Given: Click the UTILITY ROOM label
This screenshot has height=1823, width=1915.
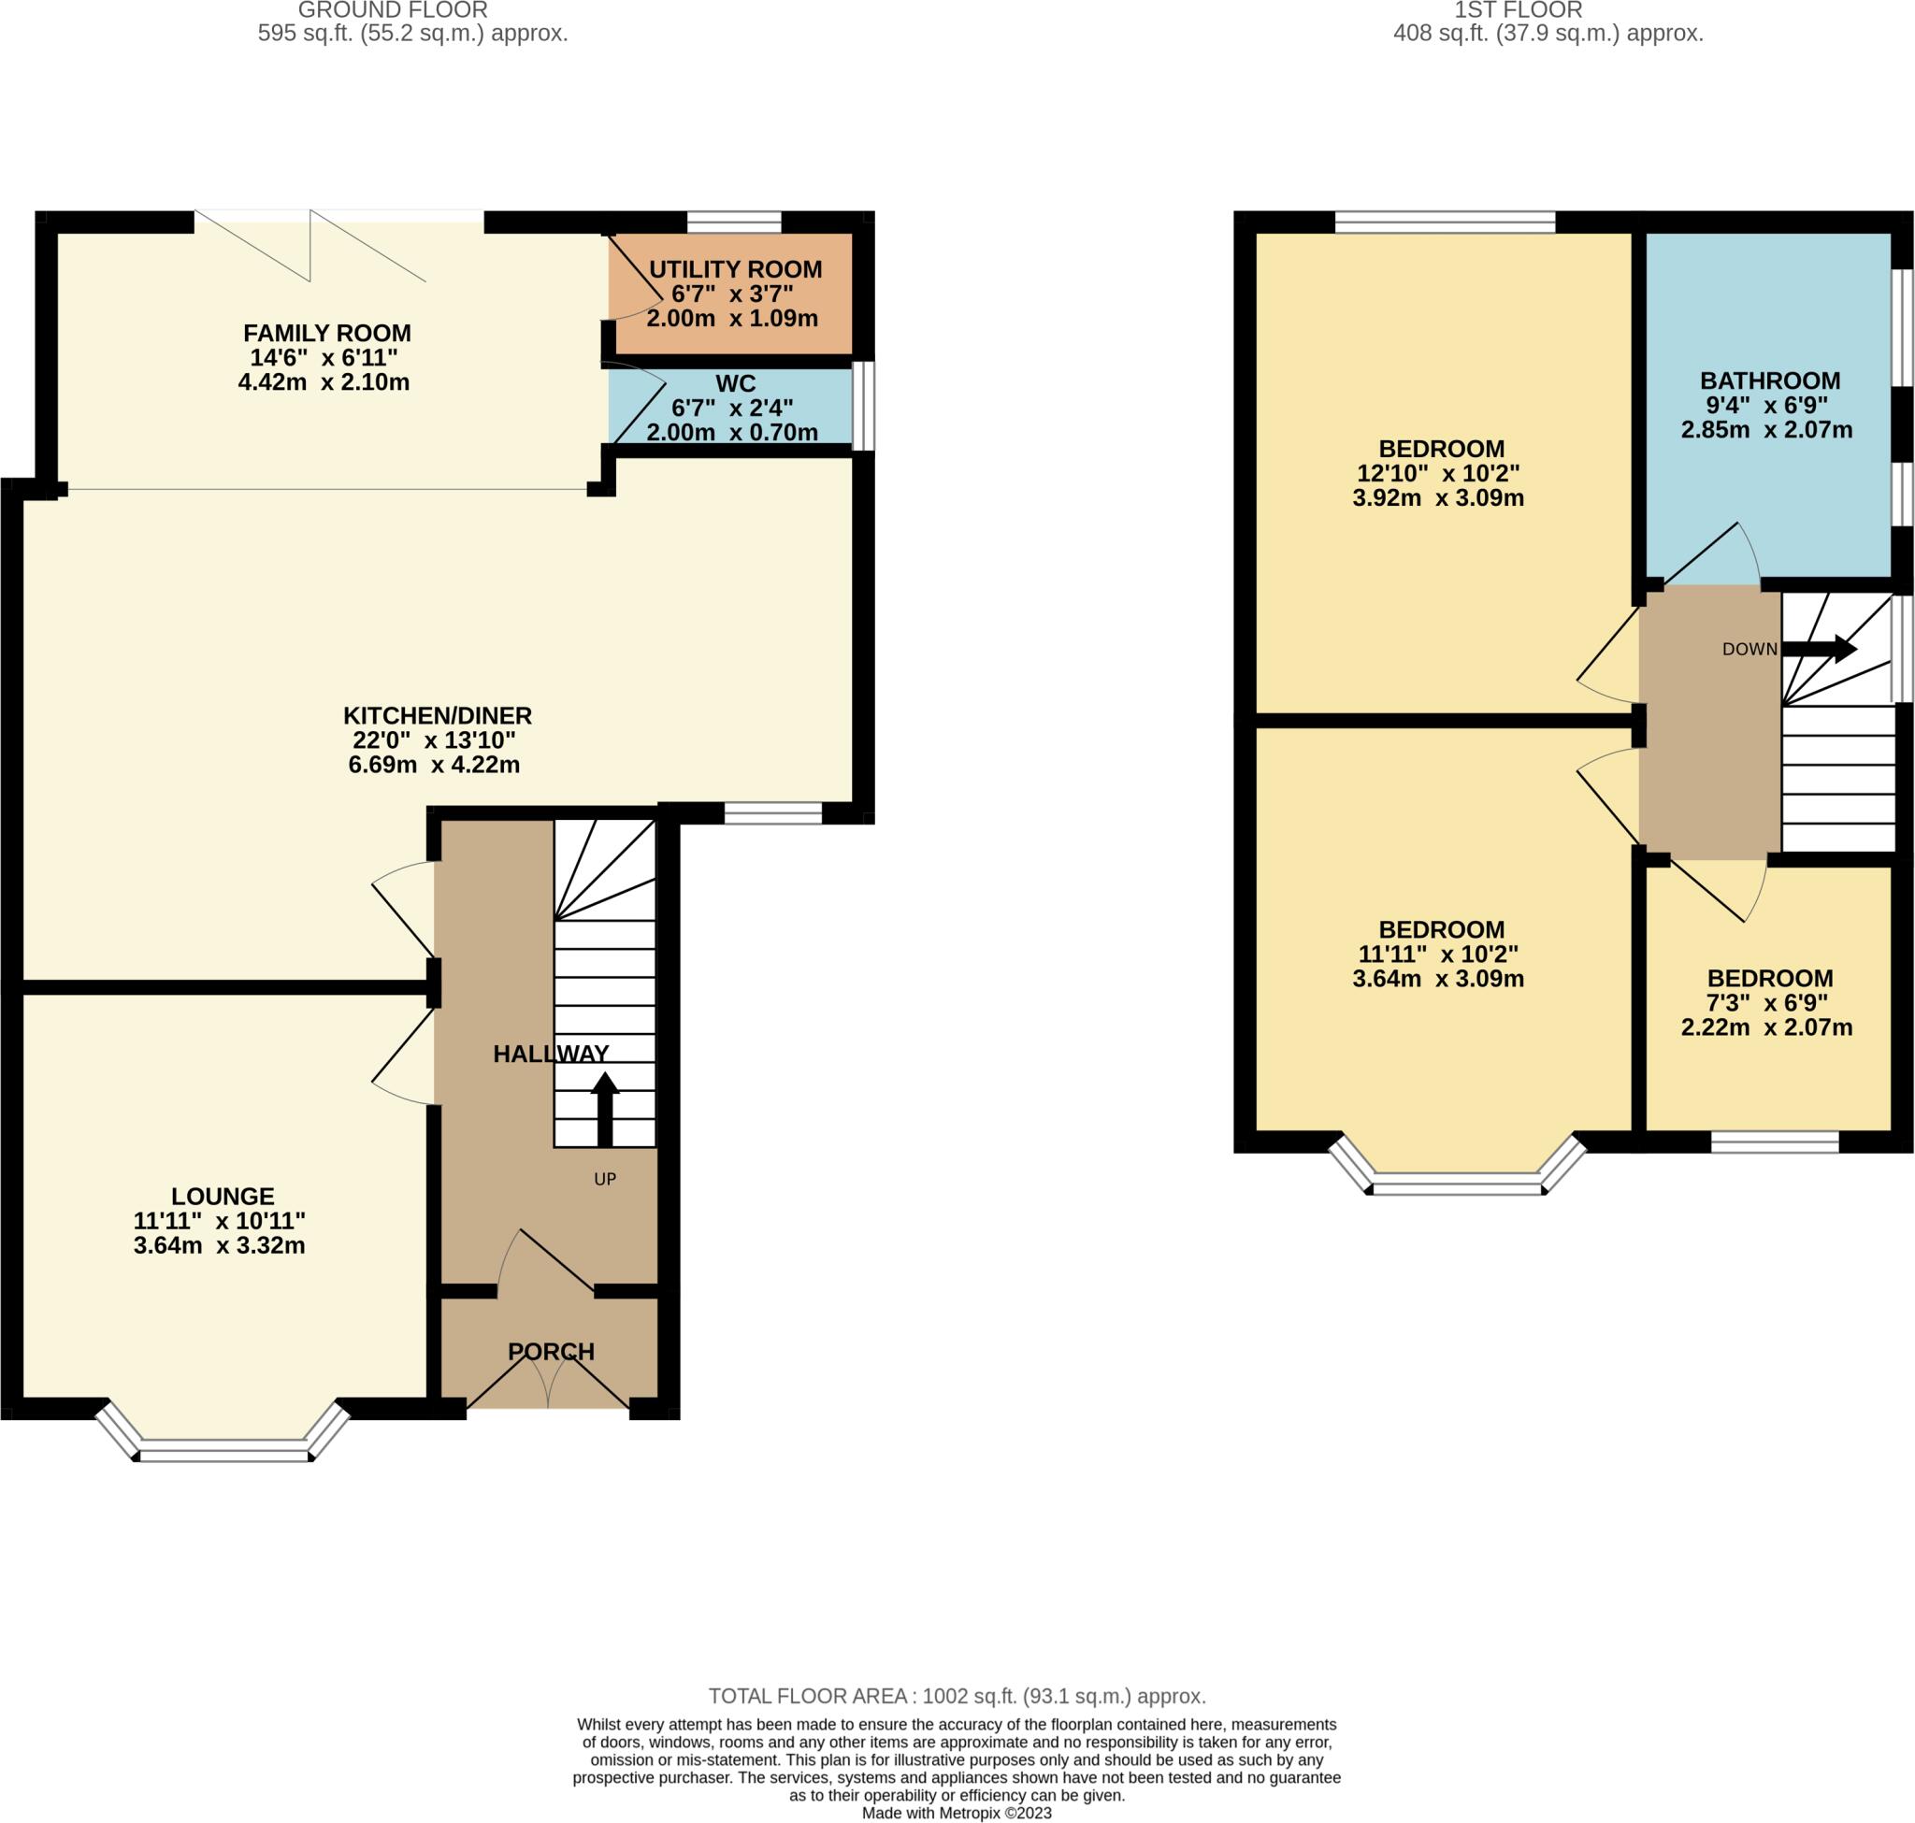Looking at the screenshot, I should pyautogui.click(x=735, y=269).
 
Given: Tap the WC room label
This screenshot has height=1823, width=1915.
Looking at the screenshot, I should pyautogui.click(x=735, y=383).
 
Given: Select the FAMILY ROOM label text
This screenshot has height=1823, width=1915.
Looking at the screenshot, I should pyautogui.click(x=326, y=334).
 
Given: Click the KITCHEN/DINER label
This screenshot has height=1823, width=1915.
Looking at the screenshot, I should pyautogui.click(x=438, y=716).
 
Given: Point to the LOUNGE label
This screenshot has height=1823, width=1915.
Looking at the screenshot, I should pyautogui.click(x=223, y=1197).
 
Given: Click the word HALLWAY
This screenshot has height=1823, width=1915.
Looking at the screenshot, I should pyautogui.click(x=550, y=1054).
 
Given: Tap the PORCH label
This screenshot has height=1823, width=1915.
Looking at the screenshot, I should pyautogui.click(x=550, y=1352).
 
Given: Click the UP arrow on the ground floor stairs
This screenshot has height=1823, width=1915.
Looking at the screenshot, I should pyautogui.click(x=605, y=1108).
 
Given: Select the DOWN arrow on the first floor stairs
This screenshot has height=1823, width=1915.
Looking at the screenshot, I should pyautogui.click(x=1818, y=649).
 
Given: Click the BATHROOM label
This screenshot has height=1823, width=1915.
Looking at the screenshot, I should pyautogui.click(x=1769, y=380).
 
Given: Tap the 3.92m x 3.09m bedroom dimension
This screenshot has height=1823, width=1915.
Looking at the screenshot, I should pyautogui.click(x=1438, y=498).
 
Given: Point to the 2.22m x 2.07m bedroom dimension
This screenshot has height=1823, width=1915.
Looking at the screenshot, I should pyautogui.click(x=1766, y=1027).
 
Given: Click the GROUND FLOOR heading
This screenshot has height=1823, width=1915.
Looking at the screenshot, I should pyautogui.click(x=393, y=10).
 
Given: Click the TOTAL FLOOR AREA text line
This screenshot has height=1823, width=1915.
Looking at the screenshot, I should pyautogui.click(x=957, y=1697).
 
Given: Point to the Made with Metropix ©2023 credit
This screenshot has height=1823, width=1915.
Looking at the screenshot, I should pyautogui.click(x=957, y=1814).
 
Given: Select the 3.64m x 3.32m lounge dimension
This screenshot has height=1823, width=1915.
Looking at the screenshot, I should pyautogui.click(x=220, y=1246).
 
